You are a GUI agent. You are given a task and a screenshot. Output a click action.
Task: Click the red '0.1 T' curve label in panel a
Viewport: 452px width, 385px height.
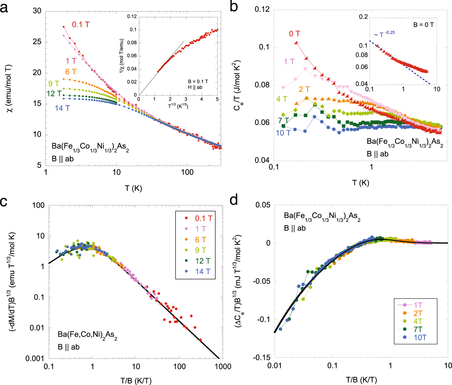point(81,25)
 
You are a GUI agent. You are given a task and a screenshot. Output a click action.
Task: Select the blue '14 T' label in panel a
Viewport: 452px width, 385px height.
point(62,108)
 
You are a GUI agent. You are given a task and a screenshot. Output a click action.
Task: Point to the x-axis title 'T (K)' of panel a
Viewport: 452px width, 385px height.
point(133,188)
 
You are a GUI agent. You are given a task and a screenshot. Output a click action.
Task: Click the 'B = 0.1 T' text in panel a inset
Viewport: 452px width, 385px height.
point(198,81)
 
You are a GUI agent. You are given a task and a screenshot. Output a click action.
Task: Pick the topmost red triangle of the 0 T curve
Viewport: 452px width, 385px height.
point(296,43)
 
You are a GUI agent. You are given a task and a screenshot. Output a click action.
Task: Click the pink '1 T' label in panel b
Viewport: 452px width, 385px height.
point(289,62)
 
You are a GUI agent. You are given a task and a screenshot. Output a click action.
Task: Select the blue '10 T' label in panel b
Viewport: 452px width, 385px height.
point(283,133)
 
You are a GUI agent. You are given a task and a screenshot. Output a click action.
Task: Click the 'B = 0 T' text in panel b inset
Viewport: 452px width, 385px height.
point(424,25)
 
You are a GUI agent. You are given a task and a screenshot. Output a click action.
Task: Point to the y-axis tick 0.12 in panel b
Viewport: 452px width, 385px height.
point(262,10)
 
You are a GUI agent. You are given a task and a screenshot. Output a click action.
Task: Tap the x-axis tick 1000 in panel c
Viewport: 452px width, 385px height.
point(223,366)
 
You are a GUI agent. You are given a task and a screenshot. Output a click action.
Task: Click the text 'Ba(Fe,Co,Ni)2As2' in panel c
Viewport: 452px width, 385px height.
point(87,335)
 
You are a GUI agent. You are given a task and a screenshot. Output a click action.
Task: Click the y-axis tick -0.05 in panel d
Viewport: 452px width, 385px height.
point(261,281)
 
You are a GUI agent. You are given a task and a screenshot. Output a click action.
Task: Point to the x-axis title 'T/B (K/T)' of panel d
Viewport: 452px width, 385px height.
point(361,380)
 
